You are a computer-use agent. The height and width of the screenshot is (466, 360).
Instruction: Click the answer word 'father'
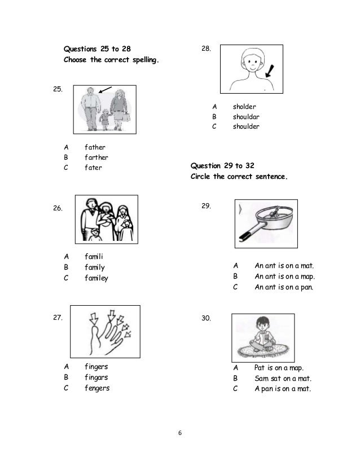pyautogui.click(x=95, y=147)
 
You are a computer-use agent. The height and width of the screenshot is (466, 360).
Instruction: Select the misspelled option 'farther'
pyautogui.click(x=96, y=157)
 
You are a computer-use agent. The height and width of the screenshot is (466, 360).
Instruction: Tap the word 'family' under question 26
pyautogui.click(x=95, y=267)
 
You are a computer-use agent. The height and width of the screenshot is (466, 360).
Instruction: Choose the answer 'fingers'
pyautogui.click(x=96, y=367)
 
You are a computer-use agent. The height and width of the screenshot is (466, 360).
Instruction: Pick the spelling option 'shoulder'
pyautogui.click(x=246, y=127)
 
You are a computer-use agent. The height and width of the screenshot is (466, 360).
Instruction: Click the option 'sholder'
pyautogui.click(x=244, y=107)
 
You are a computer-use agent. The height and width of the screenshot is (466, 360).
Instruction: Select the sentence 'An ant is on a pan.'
pyautogui.click(x=284, y=287)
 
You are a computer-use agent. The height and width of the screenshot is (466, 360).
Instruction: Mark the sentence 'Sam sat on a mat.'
pyautogui.click(x=283, y=378)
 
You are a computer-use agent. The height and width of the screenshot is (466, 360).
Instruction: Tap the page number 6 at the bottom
pyautogui.click(x=179, y=433)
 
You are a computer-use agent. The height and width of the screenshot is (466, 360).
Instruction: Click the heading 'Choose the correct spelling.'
pyautogui.click(x=111, y=59)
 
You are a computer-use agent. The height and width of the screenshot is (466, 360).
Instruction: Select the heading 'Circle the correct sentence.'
pyautogui.click(x=239, y=176)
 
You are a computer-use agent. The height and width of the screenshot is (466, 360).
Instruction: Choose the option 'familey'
pyautogui.click(x=96, y=278)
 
